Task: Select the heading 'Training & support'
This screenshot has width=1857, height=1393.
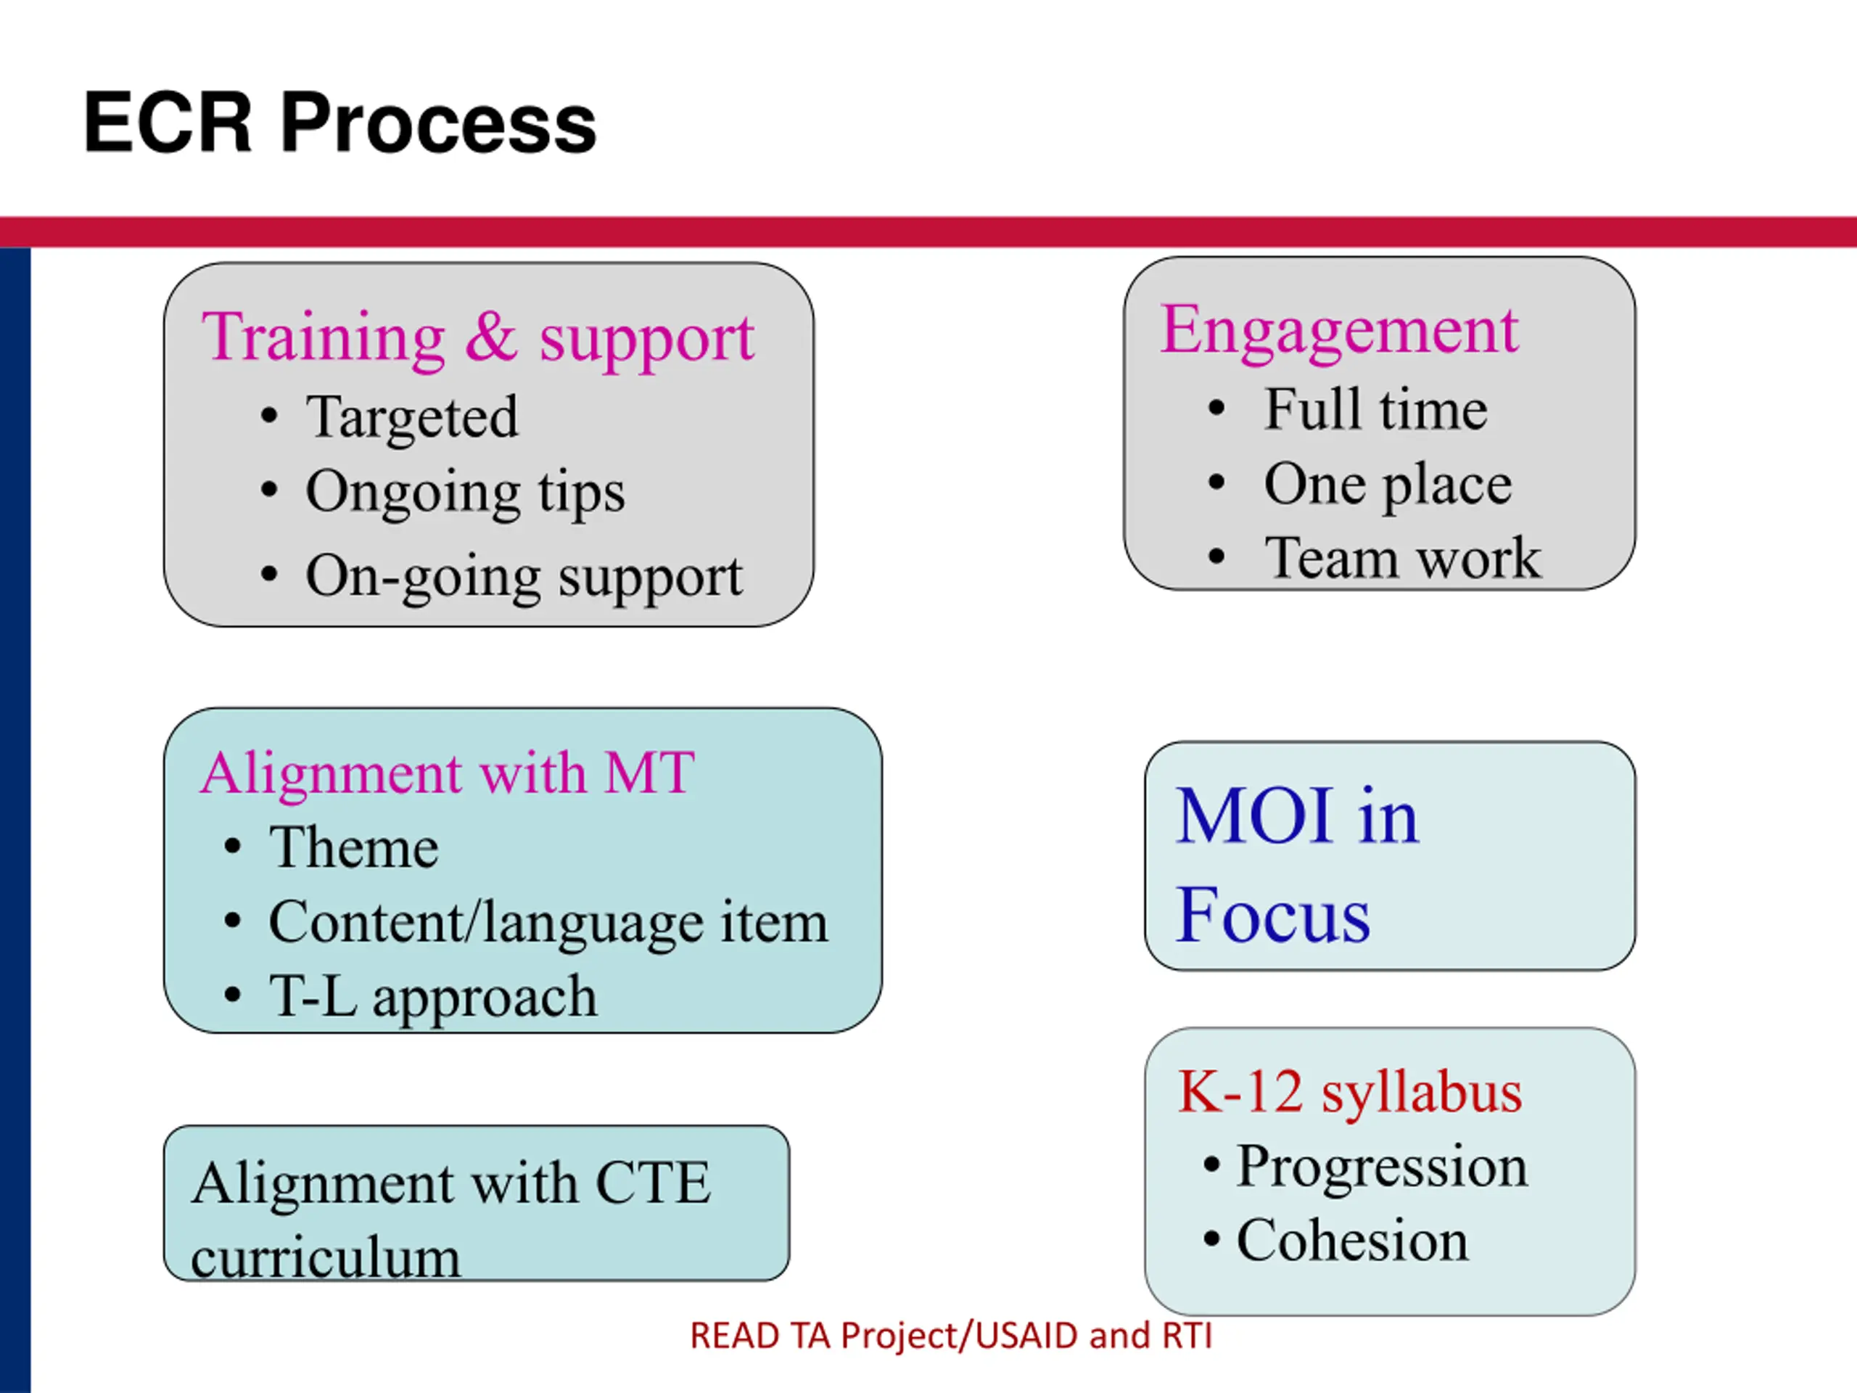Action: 478,337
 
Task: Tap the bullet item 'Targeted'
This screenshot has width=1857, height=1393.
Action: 411,417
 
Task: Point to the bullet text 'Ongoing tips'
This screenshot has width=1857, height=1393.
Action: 465,491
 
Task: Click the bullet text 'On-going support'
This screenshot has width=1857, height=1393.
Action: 524,577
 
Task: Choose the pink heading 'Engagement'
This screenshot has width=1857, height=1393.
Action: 1339,330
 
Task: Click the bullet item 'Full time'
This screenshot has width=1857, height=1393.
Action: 1375,410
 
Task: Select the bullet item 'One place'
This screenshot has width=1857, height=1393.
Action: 1388,485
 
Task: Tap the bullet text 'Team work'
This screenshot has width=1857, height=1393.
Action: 1403,557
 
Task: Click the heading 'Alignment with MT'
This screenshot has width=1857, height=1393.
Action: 447,773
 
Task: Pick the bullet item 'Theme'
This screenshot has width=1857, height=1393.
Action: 353,847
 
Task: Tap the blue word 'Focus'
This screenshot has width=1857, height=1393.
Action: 1273,915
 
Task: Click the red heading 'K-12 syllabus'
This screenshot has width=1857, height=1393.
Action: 1350,1093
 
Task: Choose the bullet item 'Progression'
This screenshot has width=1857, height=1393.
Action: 1382,1167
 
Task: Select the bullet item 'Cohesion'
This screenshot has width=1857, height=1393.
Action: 1352,1240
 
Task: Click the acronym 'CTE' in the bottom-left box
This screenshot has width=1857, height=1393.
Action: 653,1183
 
